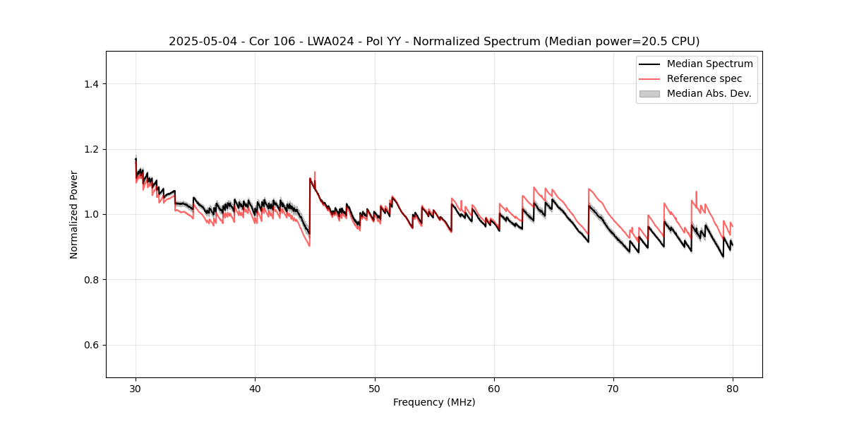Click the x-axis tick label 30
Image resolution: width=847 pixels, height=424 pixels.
point(136,388)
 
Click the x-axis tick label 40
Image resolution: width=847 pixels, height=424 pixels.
point(255,388)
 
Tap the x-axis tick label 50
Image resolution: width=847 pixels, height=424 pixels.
point(375,388)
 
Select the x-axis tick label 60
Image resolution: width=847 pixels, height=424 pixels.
point(494,388)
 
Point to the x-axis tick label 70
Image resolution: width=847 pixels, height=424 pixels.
point(613,388)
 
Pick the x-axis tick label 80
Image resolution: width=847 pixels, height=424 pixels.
point(733,388)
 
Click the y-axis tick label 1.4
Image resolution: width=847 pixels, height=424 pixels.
point(91,84)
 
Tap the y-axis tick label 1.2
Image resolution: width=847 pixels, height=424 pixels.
point(91,149)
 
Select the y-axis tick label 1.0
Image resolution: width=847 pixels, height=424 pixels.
point(91,214)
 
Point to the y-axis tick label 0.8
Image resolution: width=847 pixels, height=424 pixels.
point(91,280)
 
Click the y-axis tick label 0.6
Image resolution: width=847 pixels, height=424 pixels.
point(91,345)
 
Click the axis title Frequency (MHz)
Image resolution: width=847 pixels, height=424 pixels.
point(434,402)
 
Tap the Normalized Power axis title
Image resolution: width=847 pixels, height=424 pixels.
point(74,214)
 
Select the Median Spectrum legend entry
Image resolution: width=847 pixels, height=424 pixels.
point(709,64)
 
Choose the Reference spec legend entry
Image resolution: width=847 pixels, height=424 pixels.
point(704,78)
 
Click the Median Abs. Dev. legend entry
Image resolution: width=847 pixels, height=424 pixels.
point(709,93)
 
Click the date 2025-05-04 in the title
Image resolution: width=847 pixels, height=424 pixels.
point(199,42)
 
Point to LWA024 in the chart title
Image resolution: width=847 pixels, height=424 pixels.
point(324,42)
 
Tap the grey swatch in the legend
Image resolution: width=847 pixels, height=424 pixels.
point(649,93)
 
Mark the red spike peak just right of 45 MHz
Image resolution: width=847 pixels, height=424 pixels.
point(315,172)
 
